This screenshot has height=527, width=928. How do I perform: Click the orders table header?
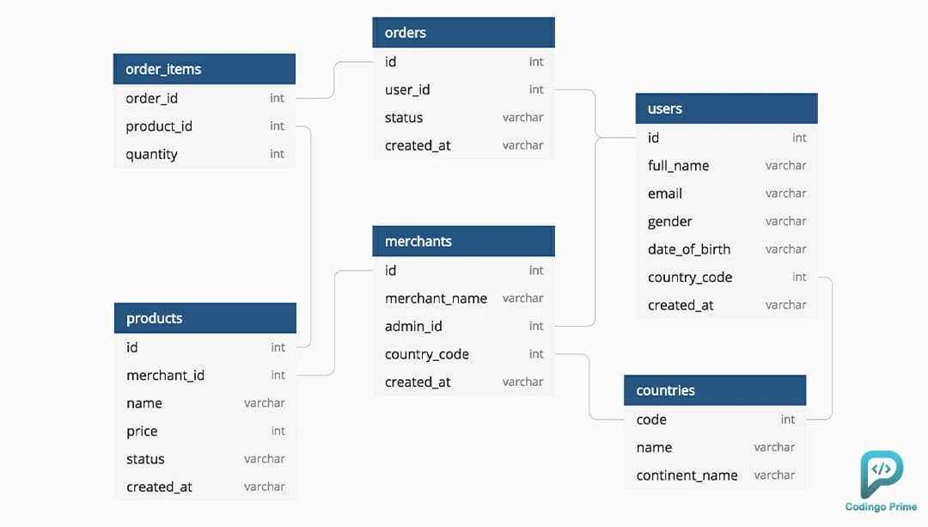coord(463,33)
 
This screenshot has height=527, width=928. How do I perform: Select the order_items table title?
coord(163,70)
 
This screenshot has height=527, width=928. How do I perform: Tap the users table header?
coord(727,108)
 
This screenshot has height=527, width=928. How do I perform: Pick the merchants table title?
coord(418,241)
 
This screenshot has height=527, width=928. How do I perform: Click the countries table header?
coord(715,390)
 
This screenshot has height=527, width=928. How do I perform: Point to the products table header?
coord(205,318)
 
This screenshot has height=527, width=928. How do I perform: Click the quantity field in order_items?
coord(151,155)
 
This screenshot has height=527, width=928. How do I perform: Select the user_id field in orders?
coord(407,90)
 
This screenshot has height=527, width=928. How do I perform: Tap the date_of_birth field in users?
coord(689,249)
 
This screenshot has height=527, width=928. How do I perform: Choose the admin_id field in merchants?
coord(413,327)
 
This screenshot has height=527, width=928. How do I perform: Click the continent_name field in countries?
coord(687,475)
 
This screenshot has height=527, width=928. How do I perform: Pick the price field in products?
coord(142,432)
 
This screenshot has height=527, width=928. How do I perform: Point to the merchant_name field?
coord(437,298)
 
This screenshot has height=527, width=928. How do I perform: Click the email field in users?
coord(664,193)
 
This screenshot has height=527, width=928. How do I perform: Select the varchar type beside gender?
coord(785,222)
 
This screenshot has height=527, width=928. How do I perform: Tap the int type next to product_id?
coord(277,126)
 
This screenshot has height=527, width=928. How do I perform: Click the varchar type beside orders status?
coord(522,118)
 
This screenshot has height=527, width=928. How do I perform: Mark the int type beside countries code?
coord(788,420)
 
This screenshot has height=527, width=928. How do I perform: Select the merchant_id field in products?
coord(165,376)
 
